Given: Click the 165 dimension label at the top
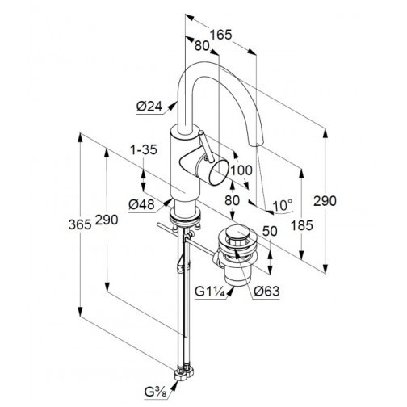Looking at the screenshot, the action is click(x=220, y=35).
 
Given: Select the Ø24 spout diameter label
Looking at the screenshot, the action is click(x=149, y=107).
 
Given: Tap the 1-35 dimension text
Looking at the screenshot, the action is click(x=144, y=149).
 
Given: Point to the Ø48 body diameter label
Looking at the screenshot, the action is click(x=141, y=205).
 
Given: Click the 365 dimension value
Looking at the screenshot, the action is click(x=80, y=224).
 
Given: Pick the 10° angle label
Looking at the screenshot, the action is click(x=283, y=206).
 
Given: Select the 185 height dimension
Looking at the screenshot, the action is click(x=302, y=225).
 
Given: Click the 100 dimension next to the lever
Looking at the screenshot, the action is click(x=241, y=170).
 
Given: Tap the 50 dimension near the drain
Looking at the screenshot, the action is click(x=270, y=231).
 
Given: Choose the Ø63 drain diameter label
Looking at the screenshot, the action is click(x=266, y=291).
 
